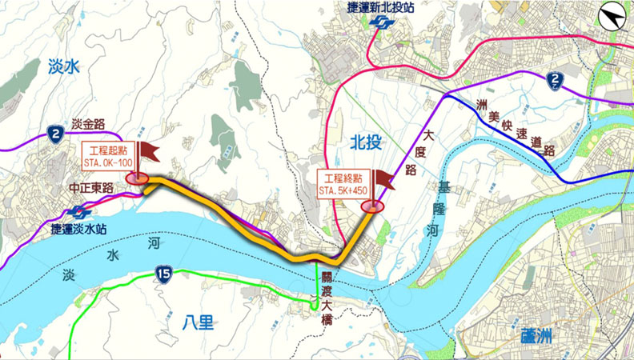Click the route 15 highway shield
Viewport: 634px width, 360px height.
tap(163, 276)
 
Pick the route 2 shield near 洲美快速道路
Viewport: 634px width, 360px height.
tap(556, 79)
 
